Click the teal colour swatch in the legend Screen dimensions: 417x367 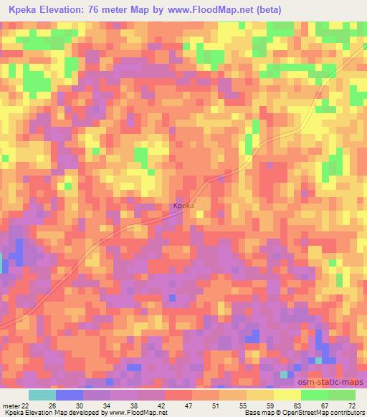click(42, 394)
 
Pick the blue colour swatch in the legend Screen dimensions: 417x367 click(70, 394)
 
